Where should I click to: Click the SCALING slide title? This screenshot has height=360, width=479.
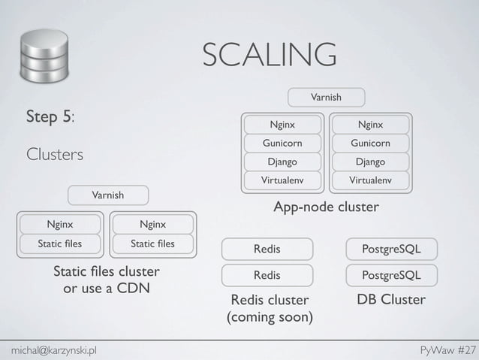(x=269, y=55)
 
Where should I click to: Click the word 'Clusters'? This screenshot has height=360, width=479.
(x=55, y=154)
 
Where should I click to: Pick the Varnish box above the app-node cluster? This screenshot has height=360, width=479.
(x=327, y=97)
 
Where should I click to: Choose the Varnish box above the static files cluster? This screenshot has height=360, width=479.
(x=108, y=195)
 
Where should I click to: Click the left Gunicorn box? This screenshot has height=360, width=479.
(x=282, y=143)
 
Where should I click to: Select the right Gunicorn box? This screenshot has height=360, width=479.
(x=370, y=143)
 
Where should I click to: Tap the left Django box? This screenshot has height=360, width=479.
(x=282, y=162)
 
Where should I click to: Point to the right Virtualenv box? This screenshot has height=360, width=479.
(x=370, y=180)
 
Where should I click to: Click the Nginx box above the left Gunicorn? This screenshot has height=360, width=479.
(x=282, y=124)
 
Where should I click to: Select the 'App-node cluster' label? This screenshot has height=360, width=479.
(x=326, y=207)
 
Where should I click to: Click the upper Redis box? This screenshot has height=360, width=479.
(x=267, y=248)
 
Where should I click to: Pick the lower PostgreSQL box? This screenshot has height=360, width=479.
(x=391, y=275)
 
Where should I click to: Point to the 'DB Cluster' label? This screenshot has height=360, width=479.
(x=391, y=300)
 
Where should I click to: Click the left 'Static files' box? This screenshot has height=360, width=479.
(x=60, y=243)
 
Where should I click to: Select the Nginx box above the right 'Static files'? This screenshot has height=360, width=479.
(x=152, y=223)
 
